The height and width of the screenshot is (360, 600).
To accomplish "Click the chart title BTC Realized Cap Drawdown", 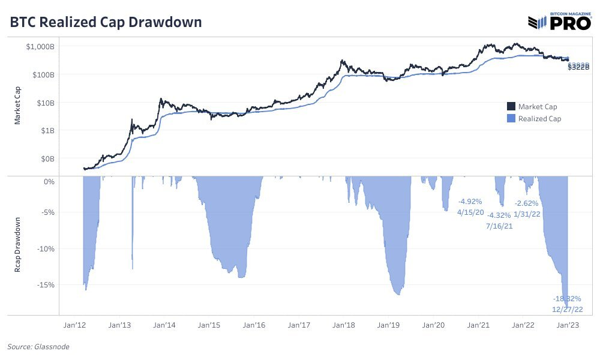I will pos(106,22).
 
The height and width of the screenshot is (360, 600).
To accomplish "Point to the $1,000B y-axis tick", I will pos(39,47).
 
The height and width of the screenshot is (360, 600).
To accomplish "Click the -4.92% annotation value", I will pos(470,202).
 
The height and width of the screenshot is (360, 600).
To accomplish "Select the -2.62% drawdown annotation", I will pos(527,203).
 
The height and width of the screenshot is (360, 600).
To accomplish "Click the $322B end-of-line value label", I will pos(579,67).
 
